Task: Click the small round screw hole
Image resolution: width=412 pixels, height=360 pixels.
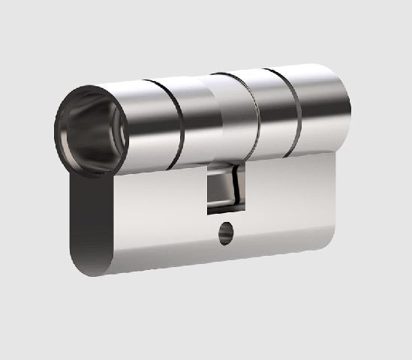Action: pyautogui.click(x=225, y=236)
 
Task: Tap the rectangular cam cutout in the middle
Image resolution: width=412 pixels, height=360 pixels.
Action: pyautogui.click(x=224, y=187)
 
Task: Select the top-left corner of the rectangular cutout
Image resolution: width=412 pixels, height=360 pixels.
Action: pyautogui.click(x=208, y=170)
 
